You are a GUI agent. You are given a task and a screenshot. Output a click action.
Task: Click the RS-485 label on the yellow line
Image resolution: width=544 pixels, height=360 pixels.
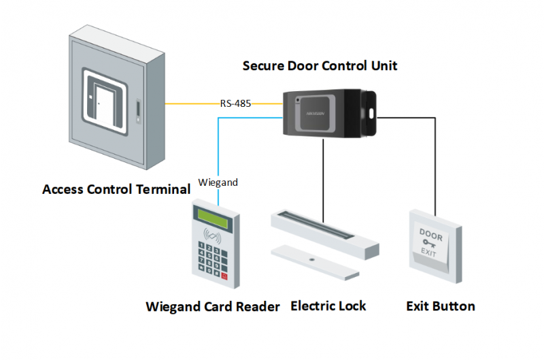pos(235,104)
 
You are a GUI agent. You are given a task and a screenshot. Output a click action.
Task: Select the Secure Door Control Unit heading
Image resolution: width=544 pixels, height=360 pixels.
pos(320,66)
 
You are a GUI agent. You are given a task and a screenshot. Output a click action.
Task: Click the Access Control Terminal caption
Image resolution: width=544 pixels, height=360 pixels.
pos(116,189)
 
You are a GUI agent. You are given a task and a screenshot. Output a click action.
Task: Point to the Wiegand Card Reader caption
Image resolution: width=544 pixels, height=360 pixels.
pos(212,307)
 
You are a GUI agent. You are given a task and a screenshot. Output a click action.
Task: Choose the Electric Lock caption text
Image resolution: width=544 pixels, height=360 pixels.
pos(328,306)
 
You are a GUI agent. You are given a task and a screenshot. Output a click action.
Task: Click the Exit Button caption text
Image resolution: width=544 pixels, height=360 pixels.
pos(440,306)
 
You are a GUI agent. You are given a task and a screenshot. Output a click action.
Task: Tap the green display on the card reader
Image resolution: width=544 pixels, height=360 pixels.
pos(210,215)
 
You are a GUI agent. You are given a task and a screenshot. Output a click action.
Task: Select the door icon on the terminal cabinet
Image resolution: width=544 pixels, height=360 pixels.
pos(102,102)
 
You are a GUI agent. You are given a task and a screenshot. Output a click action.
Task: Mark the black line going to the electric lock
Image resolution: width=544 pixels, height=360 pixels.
pos(322,177)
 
